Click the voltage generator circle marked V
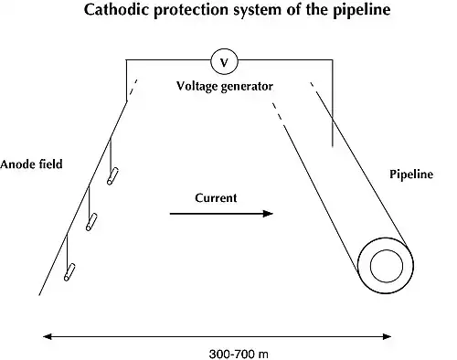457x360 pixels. pos(224,61)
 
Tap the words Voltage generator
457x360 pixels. pos(225,87)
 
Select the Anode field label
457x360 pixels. pos(31,164)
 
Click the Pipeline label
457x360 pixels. pos(411,175)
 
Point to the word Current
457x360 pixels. pos(216,198)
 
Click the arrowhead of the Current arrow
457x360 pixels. pos(268,214)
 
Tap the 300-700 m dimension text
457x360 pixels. pos(239,355)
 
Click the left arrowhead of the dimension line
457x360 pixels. pos(48,336)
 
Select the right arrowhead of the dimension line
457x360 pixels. pos(387,336)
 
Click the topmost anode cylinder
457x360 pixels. pos(112,176)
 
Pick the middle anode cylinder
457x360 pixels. pos(91,222)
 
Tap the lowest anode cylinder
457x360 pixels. pos(69,272)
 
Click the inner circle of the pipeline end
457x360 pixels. pos(387,266)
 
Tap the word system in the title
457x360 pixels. pos(254,11)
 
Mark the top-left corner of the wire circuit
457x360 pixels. pos(126,59)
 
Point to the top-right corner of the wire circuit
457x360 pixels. pos(333,59)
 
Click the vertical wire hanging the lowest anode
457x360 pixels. pos(67,249)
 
